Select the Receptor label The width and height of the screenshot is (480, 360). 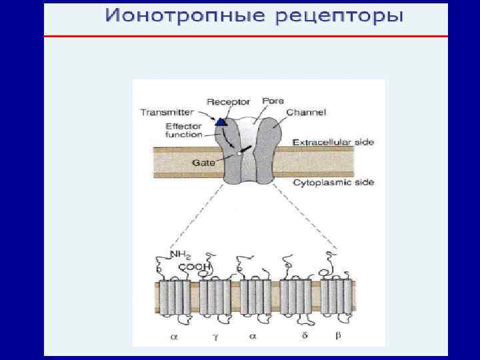pos(229,102)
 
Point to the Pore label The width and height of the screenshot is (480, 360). pos(273,100)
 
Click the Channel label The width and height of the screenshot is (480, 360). pos(306,113)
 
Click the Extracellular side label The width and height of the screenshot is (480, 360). pos(333,142)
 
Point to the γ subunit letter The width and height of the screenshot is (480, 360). pos(215,337)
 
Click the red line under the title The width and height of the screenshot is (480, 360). pos(245,36)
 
